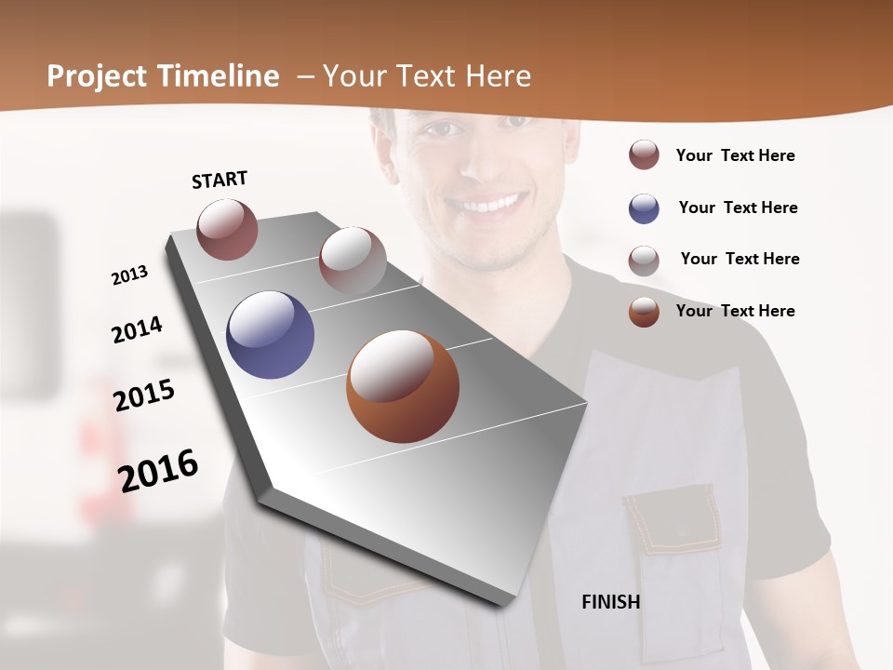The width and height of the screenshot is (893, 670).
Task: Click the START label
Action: click(x=220, y=180)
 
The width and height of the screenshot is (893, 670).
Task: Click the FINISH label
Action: click(x=610, y=602)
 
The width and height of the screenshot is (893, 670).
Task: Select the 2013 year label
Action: click(x=129, y=275)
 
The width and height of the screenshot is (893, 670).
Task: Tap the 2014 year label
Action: click(x=137, y=329)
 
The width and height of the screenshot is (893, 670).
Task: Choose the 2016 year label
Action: click(x=158, y=471)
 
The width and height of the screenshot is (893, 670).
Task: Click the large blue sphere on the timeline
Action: click(x=270, y=335)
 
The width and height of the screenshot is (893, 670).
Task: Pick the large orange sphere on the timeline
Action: click(x=403, y=386)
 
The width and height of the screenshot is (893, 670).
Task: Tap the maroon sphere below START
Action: click(x=227, y=229)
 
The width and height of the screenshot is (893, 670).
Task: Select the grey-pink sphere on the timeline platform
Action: click(x=353, y=261)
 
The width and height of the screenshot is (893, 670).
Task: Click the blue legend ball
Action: click(x=644, y=208)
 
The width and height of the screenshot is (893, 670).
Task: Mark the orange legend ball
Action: click(x=644, y=312)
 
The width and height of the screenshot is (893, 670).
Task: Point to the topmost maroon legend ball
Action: click(x=644, y=155)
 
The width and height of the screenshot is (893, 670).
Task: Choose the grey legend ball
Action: click(x=644, y=260)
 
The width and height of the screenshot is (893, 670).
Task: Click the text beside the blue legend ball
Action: click(x=738, y=208)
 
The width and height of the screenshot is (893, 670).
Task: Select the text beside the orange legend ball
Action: click(x=735, y=311)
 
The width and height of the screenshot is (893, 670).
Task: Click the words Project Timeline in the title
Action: click(x=163, y=76)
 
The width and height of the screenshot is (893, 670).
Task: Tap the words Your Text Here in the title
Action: click(x=427, y=76)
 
